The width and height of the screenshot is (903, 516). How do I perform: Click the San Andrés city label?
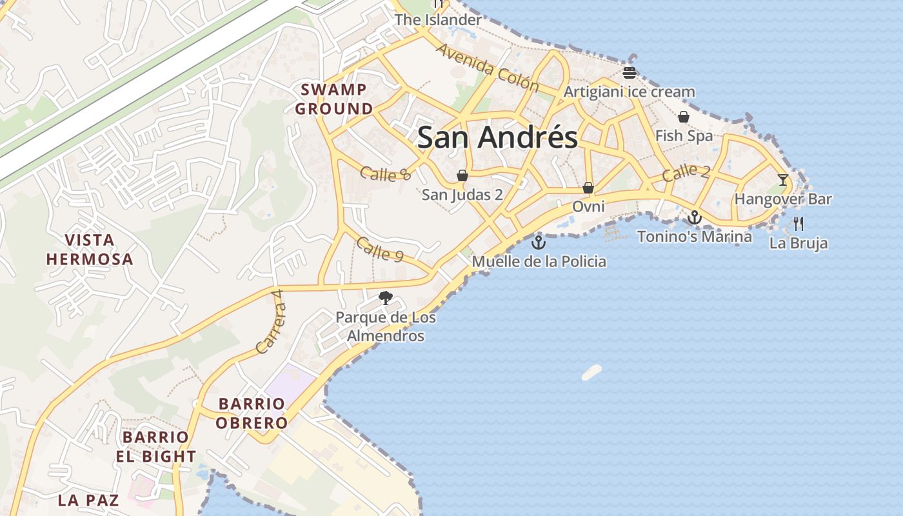(x=497, y=137)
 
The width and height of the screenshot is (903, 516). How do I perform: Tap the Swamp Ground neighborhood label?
(x=334, y=99)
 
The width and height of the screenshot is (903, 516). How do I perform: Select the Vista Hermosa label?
(x=90, y=250)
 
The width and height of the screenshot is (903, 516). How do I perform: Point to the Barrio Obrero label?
(x=252, y=413)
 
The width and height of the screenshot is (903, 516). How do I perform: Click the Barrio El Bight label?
(x=155, y=446)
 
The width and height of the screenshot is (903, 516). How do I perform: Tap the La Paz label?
(x=88, y=500)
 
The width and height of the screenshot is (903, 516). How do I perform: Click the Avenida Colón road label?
(x=487, y=68)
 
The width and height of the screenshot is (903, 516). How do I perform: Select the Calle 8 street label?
(x=385, y=173)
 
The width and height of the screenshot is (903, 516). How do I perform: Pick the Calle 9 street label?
(x=380, y=250)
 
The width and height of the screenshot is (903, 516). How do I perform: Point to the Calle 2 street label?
(x=686, y=172)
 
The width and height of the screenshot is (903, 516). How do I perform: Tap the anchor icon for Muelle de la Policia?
(x=538, y=243)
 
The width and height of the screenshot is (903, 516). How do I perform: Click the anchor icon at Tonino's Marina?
(x=694, y=217)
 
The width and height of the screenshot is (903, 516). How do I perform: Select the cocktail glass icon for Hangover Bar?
(x=783, y=180)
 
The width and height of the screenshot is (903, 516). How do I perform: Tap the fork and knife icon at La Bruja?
(x=799, y=224)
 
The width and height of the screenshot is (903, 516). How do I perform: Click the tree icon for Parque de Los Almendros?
(x=386, y=297)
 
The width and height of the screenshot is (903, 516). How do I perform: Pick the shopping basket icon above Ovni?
(x=588, y=188)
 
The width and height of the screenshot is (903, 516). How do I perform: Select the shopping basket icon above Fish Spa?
(x=684, y=117)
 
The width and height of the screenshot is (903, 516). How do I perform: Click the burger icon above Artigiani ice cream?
(x=630, y=72)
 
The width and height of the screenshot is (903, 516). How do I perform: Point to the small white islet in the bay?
(x=591, y=372)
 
